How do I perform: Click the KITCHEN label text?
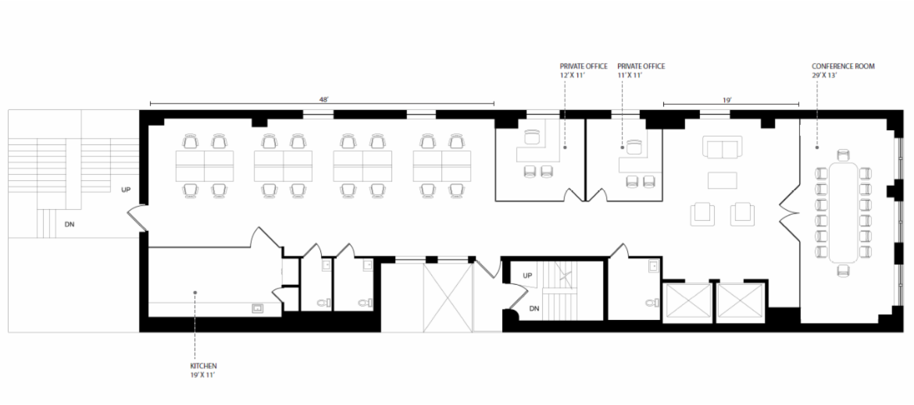point(203,366)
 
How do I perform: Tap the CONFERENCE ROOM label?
point(844,66)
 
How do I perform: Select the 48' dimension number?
point(324,100)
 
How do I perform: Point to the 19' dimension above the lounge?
point(727,100)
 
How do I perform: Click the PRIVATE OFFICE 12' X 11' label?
point(584,70)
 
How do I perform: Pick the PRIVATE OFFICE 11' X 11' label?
point(641,70)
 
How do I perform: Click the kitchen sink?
point(257,308)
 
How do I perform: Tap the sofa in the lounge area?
point(723,147)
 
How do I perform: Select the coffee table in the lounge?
point(723,180)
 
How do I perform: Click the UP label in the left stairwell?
point(126,190)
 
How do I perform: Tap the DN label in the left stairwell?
point(69,224)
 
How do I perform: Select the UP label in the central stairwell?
point(527,275)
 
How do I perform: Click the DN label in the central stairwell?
point(534,309)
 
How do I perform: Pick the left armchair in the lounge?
point(702,214)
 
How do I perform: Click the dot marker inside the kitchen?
point(195,292)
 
